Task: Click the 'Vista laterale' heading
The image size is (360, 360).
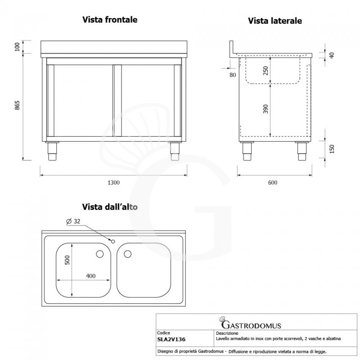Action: [x=274, y=21]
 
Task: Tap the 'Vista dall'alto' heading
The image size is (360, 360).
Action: [x=109, y=207]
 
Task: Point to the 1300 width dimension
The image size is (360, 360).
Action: [x=114, y=182]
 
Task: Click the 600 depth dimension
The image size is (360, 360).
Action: [x=272, y=182]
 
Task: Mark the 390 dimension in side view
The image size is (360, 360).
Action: [x=265, y=109]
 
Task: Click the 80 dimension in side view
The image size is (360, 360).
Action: [x=233, y=75]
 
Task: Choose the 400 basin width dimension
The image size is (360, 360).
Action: [x=91, y=276]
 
